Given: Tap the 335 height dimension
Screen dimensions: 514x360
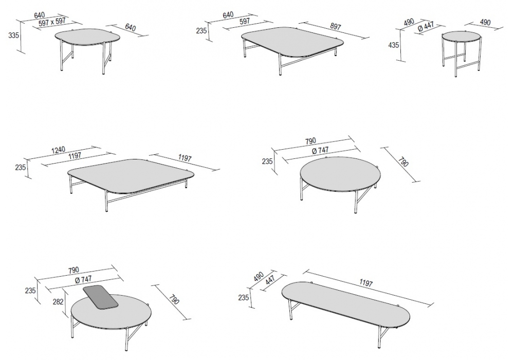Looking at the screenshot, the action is [x=13, y=35].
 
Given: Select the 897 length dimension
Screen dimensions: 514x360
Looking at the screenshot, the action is [x=335, y=26].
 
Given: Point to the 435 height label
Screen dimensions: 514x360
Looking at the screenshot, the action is [x=393, y=45].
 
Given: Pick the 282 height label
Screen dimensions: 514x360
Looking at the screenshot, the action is [x=58, y=301].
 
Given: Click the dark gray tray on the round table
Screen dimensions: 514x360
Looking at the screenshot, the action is [x=101, y=297].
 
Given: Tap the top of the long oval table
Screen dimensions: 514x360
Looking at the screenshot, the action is [x=345, y=303].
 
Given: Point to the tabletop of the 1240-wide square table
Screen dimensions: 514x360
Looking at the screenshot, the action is [x=131, y=175].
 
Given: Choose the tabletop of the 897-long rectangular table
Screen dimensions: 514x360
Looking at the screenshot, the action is [x=292, y=42].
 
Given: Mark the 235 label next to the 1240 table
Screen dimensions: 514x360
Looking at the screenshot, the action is [x=21, y=167].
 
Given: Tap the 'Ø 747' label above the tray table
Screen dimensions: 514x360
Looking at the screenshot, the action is [x=83, y=279].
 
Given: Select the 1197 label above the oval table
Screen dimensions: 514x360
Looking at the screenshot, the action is [x=366, y=282].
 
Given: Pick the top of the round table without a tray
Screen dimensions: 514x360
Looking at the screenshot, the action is [x=341, y=173].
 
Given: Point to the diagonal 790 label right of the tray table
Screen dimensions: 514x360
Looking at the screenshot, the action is [x=174, y=299].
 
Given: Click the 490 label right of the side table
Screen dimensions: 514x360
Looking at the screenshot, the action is [x=485, y=22].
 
